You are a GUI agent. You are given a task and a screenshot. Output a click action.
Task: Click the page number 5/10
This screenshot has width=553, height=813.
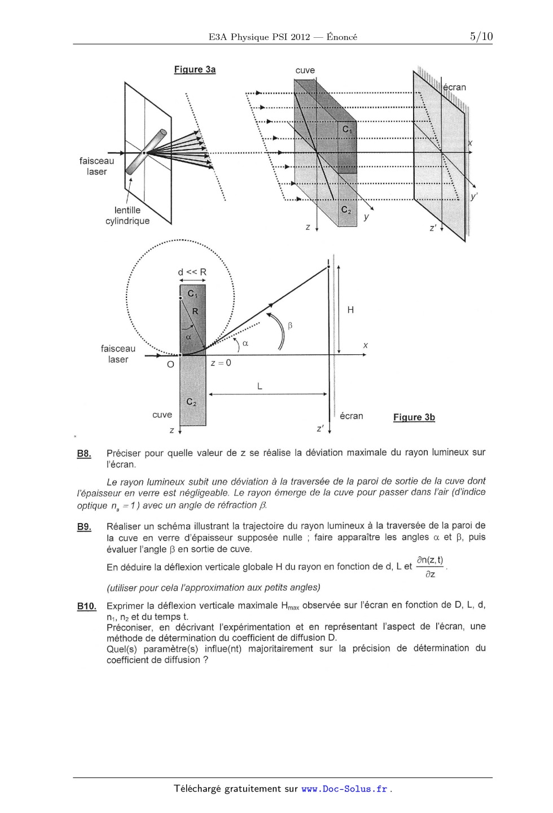(x=481, y=37)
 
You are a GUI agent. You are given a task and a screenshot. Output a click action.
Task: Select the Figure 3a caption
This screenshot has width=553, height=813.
(x=195, y=69)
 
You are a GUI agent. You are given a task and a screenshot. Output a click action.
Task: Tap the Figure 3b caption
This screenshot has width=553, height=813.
(x=414, y=418)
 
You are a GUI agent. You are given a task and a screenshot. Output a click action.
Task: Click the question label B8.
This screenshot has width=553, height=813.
(x=84, y=454)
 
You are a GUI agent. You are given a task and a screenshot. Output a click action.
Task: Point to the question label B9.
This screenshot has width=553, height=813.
(x=84, y=527)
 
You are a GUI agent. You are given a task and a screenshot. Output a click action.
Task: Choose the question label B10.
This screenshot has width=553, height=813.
(x=86, y=607)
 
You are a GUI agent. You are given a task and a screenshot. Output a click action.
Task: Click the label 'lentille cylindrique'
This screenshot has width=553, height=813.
(x=128, y=216)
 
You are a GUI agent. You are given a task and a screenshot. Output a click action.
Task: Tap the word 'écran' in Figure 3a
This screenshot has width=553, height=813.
(x=454, y=87)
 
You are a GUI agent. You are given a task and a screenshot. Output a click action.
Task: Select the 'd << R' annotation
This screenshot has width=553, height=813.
(x=192, y=272)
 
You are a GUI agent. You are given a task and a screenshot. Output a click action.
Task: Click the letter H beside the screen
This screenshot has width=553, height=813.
(x=350, y=310)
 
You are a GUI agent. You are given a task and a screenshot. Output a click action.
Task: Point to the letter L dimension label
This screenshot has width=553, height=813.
(x=259, y=386)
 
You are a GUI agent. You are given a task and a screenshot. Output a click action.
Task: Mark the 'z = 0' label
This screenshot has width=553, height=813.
(x=221, y=363)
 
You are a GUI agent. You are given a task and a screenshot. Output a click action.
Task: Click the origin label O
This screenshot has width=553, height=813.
(x=170, y=364)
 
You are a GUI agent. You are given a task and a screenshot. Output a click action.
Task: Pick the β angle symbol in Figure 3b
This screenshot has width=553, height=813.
(x=290, y=326)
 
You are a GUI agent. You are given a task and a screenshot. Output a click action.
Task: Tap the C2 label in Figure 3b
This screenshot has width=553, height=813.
(x=191, y=402)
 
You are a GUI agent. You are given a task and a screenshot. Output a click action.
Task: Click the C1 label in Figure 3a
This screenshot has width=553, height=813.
(x=347, y=129)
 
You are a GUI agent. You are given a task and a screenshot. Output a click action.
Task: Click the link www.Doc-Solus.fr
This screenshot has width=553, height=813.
(x=344, y=789)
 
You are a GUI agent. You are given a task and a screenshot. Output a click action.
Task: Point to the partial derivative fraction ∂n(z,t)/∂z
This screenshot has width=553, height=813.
(x=429, y=566)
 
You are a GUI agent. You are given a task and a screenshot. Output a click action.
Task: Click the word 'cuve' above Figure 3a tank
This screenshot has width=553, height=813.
(x=305, y=71)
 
